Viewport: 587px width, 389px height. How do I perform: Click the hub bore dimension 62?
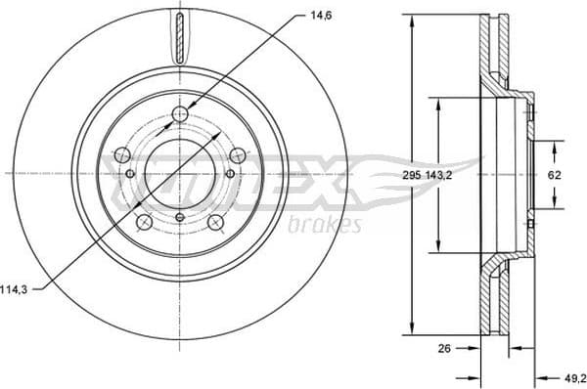point(554,174)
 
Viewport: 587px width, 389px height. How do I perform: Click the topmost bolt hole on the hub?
point(179,116)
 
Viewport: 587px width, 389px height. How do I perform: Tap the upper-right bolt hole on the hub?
point(237,154)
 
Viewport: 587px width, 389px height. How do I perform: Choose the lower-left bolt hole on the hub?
point(145,223)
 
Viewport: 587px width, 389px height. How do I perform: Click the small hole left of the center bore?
point(130,174)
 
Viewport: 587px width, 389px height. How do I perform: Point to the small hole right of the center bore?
point(230,174)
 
